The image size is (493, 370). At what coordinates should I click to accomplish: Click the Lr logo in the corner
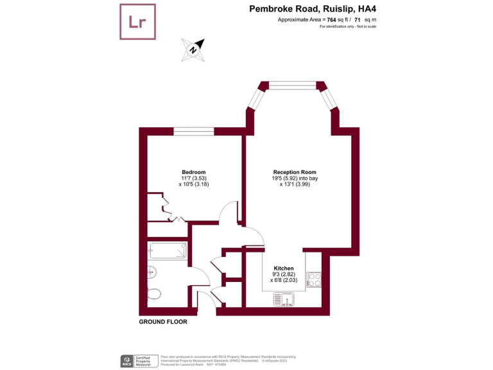pos(138,22)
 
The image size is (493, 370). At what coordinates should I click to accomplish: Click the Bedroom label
pos(193,172)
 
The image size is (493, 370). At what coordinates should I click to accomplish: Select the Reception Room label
pos(295,172)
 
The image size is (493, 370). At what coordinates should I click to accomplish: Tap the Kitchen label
pos(284,268)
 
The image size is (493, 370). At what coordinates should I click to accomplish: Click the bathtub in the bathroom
pos(168,251)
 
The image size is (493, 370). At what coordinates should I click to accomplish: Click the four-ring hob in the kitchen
pos(315,279)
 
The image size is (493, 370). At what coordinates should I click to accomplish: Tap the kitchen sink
pos(283,299)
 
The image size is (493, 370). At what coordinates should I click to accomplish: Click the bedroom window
pos(193,131)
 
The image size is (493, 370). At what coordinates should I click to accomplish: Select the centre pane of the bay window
pos(292,85)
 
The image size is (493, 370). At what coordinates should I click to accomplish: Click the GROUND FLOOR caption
pos(163,322)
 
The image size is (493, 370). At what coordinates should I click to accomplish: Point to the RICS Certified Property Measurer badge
pos(139,360)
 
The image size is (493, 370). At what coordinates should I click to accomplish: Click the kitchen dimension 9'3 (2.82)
pos(284,274)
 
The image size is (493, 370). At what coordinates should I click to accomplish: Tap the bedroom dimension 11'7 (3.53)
pos(193,179)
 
